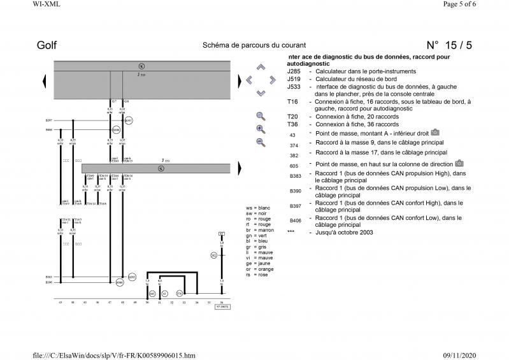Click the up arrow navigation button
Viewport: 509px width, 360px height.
pos(260,67)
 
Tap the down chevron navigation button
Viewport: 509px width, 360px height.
pos(260,93)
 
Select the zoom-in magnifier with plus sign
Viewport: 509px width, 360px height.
pos(261,129)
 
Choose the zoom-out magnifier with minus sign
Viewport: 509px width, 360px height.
pos(261,141)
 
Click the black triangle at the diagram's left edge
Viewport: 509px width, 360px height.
pos(44,80)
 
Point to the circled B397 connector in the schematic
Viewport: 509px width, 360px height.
pos(129,120)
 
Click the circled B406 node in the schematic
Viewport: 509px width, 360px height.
pos(116,129)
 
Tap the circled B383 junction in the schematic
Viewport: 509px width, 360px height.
pos(132,277)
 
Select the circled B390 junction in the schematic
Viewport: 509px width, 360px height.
pos(119,282)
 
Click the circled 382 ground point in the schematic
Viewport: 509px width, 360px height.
pos(214,256)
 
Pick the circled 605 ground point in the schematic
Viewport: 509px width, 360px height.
pos(152,293)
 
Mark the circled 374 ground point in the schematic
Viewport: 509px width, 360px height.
pos(179,293)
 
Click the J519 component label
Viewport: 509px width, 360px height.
pos(141,75)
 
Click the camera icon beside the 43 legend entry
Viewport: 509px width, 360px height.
pos(435,133)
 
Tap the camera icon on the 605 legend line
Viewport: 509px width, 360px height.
pos(459,163)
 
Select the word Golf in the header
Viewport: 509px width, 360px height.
pos(47,45)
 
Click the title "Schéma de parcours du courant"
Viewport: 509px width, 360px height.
pos(254,45)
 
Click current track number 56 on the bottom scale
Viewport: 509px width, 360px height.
pos(222,302)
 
